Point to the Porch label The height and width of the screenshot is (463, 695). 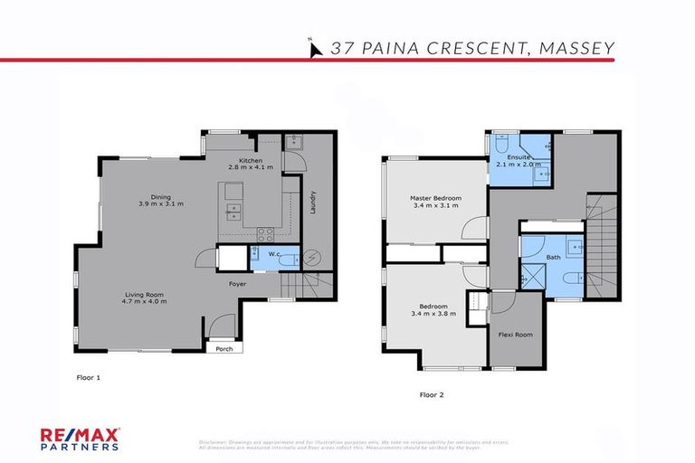click(x=221, y=347)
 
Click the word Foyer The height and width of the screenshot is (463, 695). click(x=237, y=284)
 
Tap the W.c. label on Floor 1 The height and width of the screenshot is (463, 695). click(x=272, y=254)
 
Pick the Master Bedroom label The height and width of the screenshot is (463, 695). click(x=435, y=198)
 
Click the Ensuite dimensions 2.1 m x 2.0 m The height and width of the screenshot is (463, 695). click(x=513, y=166)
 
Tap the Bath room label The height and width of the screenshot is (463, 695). click(x=552, y=258)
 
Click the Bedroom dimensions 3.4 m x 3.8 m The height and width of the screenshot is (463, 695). click(x=433, y=314)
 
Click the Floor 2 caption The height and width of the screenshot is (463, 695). click(x=431, y=395)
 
